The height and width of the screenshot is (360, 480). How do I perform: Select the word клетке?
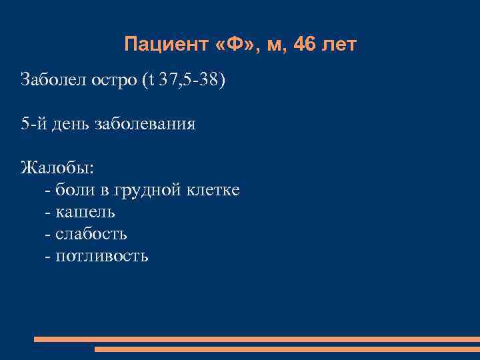pyautogui.click(x=213, y=190)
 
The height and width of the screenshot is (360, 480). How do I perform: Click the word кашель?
pyautogui.click(x=85, y=212)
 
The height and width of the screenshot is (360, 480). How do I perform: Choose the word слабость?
pyautogui.click(x=91, y=234)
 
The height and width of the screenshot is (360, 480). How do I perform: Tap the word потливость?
pyautogui.click(x=102, y=256)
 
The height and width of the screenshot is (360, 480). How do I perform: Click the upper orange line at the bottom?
pyautogui.click(x=257, y=339)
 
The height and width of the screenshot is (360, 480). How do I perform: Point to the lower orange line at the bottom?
pyautogui.click(x=287, y=349)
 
